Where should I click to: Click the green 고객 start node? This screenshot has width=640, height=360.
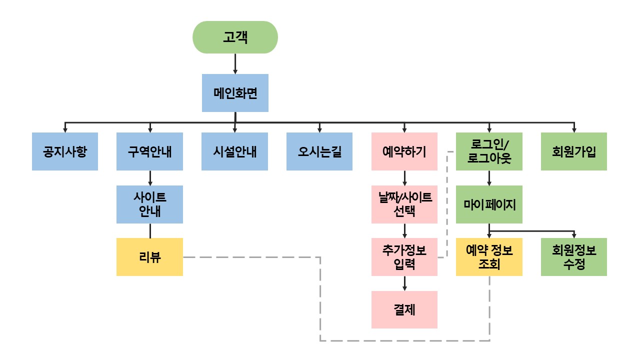point(235,37)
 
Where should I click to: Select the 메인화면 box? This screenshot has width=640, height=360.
point(235,93)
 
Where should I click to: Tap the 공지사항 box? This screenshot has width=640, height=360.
point(65,151)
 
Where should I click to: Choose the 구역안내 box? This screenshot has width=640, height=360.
point(149,151)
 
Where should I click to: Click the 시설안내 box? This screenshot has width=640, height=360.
point(234,151)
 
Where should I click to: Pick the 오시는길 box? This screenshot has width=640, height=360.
point(319,151)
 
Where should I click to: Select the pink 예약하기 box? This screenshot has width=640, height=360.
point(404,151)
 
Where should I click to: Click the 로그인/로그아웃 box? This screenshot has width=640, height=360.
point(489,151)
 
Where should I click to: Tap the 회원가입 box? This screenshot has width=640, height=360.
point(574,151)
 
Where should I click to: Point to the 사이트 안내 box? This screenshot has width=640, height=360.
point(149,204)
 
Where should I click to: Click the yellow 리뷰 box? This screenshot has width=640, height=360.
point(149,257)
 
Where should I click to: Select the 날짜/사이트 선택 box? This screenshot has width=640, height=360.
point(404,204)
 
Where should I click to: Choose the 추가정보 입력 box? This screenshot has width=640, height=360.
point(404,257)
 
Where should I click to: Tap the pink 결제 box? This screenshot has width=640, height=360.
point(404,310)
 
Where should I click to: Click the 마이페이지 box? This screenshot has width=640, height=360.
point(489,204)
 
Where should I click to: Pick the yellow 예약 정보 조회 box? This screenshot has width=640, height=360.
point(489,257)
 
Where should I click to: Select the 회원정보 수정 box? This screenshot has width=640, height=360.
point(574,257)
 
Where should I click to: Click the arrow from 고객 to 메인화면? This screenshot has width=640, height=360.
point(235,63)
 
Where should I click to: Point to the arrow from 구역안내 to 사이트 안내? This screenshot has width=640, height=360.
point(150,178)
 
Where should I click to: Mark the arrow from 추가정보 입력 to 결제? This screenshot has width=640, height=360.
point(404,283)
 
